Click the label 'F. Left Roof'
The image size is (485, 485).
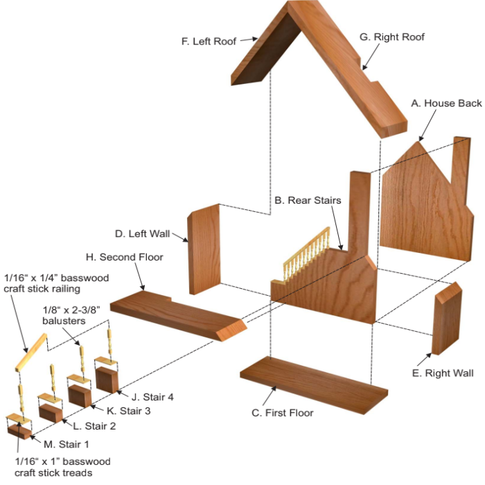tap(209, 41)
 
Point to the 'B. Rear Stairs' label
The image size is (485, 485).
tap(308, 200)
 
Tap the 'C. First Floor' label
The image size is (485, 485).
tap(283, 413)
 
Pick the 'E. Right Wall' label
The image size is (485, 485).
tap(442, 373)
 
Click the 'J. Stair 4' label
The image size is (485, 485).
tap(151, 397)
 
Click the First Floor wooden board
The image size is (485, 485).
tap(313, 385)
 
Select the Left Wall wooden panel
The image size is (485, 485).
tap(204, 249)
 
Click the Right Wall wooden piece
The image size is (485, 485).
tap(446, 319)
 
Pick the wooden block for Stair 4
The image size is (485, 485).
tap(108, 380)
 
